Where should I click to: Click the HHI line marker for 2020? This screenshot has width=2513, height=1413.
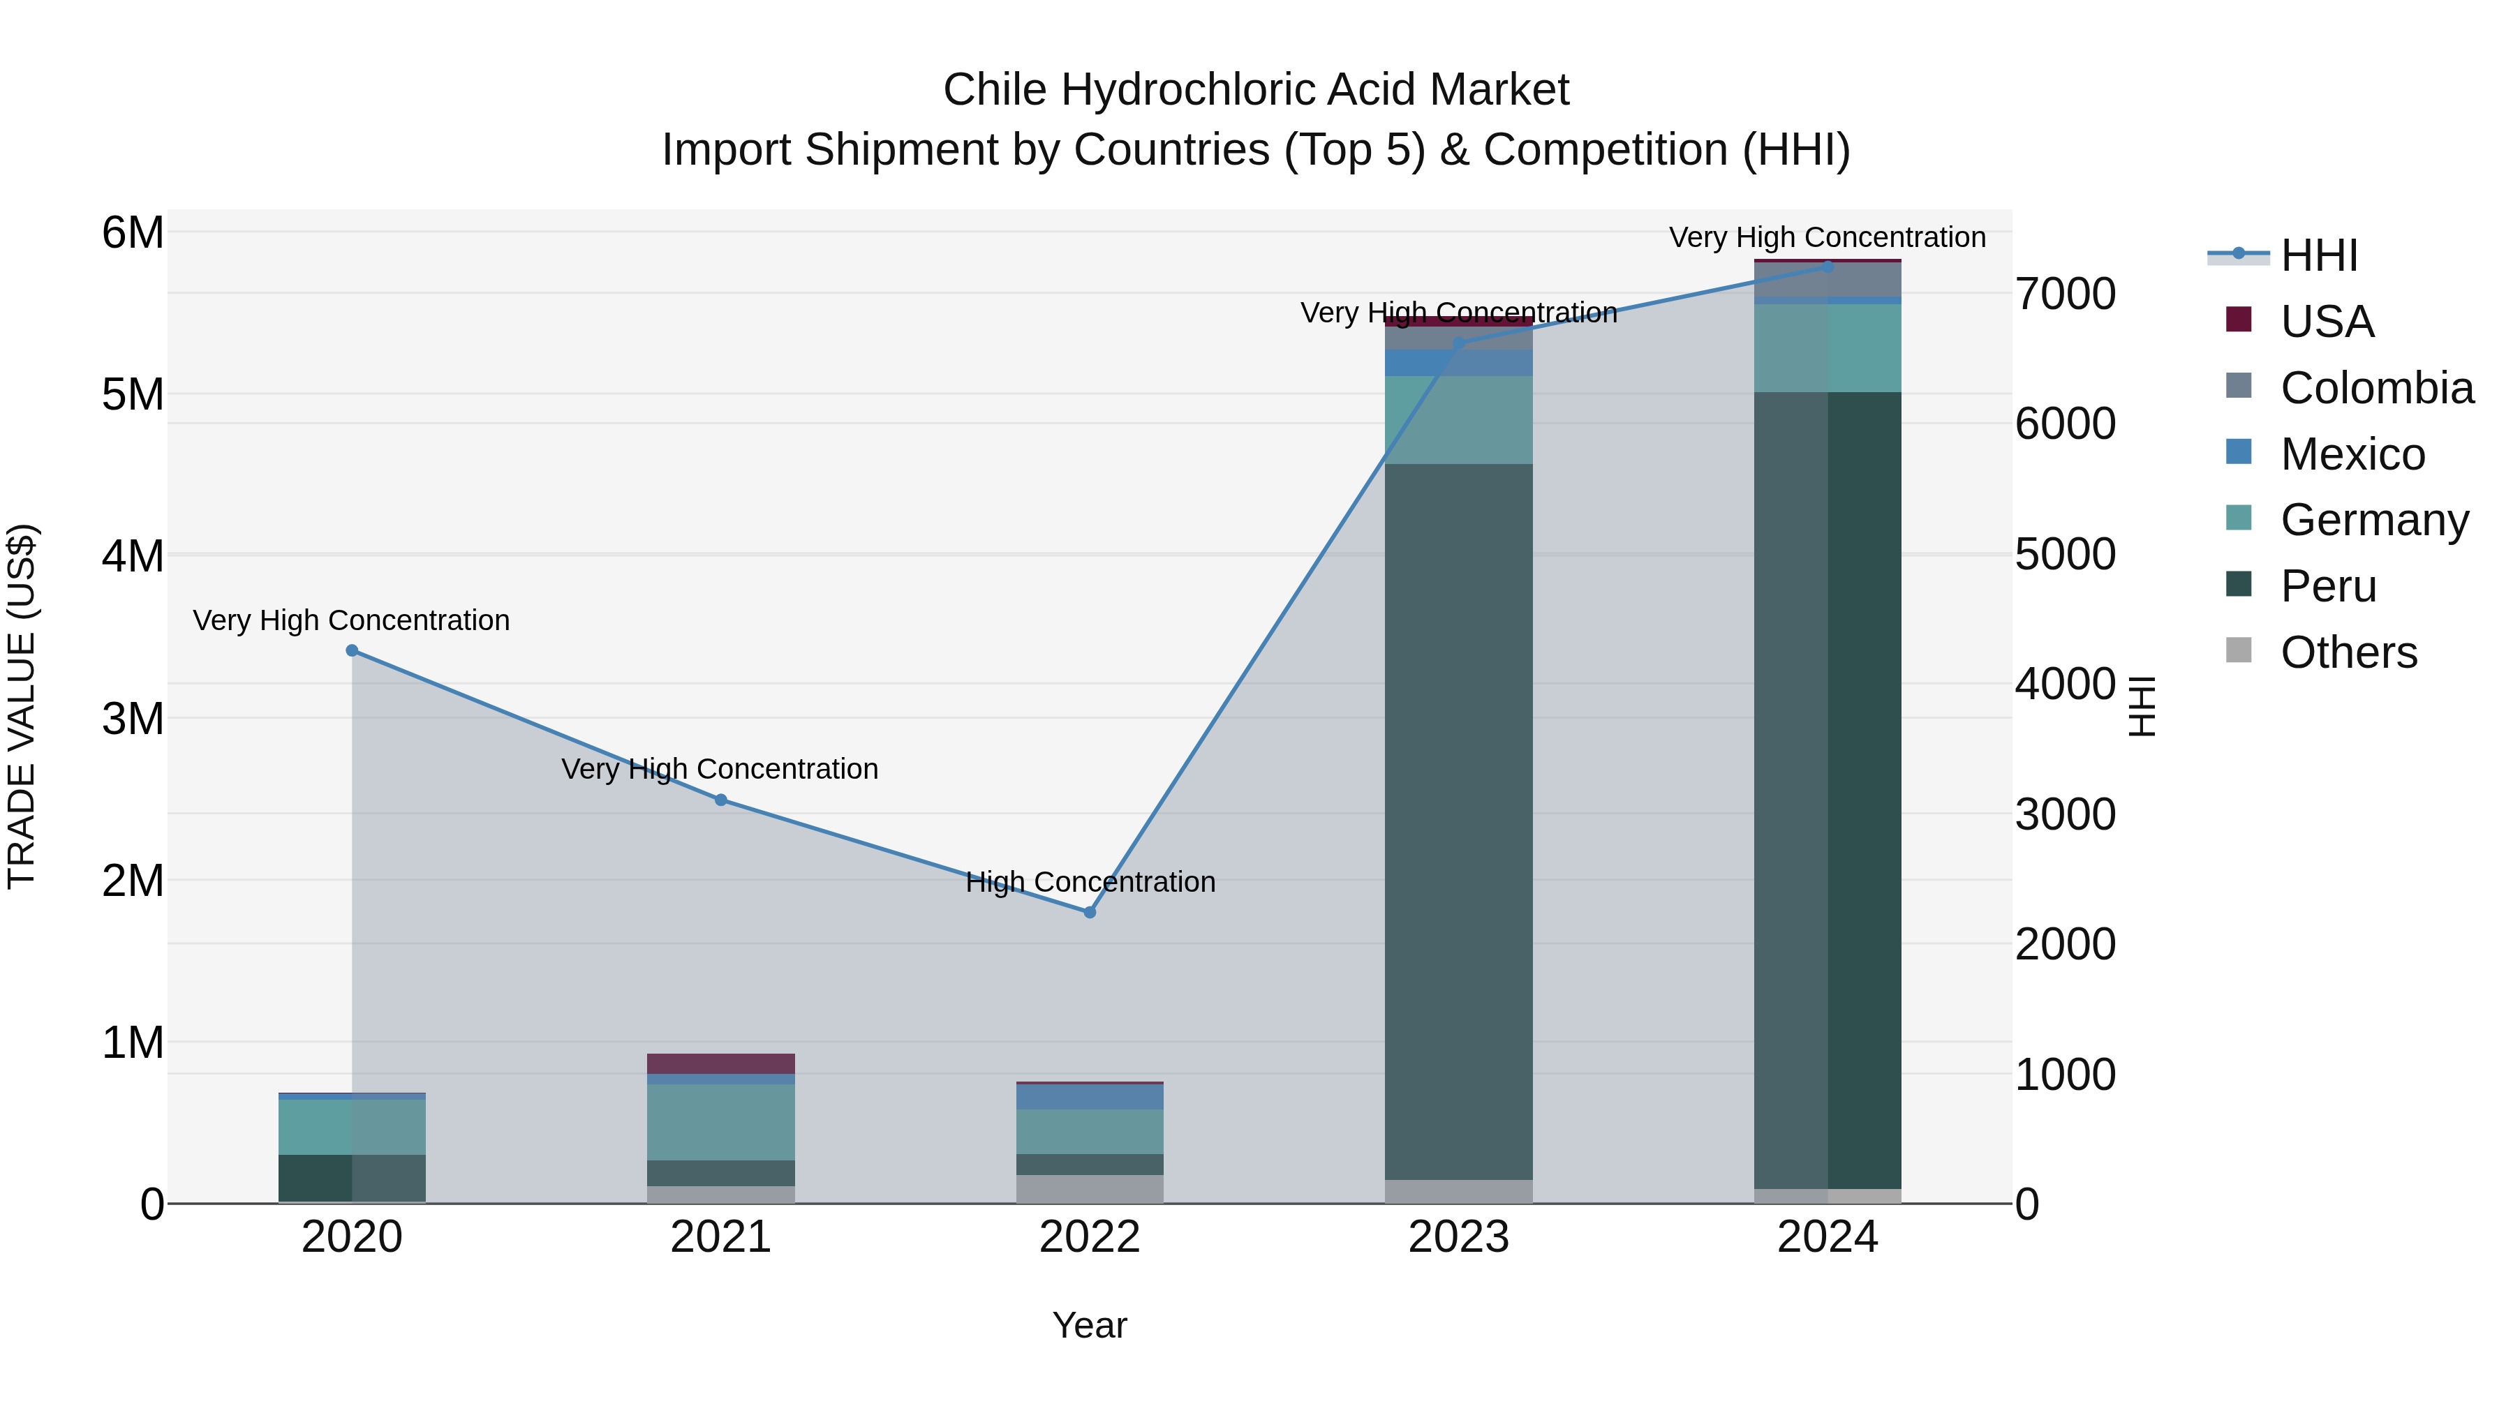(353, 650)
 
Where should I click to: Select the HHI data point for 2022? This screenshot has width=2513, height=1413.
(1090, 913)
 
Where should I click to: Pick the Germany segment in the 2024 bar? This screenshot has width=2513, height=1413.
(1828, 348)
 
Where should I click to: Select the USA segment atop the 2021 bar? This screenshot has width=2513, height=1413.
(721, 1063)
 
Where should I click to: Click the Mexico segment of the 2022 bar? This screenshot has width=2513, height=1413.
(1090, 1097)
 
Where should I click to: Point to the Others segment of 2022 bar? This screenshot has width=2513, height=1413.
(1090, 1189)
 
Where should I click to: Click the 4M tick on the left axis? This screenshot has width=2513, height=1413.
(133, 557)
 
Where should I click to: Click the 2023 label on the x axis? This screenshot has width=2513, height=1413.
(1458, 1237)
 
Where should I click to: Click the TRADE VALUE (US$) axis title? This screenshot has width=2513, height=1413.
(22, 706)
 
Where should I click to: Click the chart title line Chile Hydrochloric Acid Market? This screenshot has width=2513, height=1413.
(1256, 90)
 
